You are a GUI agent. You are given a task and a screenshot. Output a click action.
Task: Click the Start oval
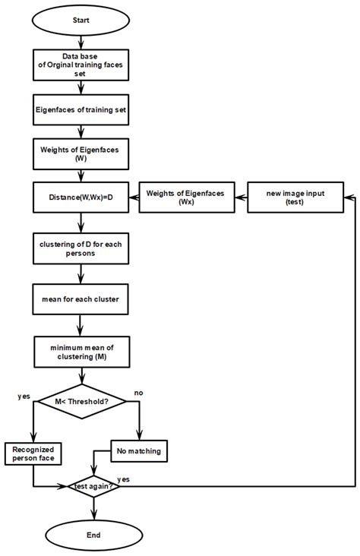82,21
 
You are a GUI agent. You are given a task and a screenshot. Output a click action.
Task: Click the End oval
93,535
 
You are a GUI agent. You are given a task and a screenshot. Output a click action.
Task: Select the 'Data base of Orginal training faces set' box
81,66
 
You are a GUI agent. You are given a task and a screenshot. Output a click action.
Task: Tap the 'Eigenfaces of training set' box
81,109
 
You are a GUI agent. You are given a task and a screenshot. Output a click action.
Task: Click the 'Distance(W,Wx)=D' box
81,198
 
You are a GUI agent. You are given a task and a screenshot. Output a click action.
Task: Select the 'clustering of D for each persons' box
81,248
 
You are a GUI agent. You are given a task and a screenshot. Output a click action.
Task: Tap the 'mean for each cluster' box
81,299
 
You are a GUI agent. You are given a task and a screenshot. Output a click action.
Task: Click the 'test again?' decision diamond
93,485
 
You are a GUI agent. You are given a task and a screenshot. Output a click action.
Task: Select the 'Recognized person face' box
33,453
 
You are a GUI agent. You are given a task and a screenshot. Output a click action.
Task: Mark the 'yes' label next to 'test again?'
125,479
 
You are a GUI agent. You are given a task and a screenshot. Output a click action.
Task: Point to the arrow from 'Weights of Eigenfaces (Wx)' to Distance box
130,198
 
